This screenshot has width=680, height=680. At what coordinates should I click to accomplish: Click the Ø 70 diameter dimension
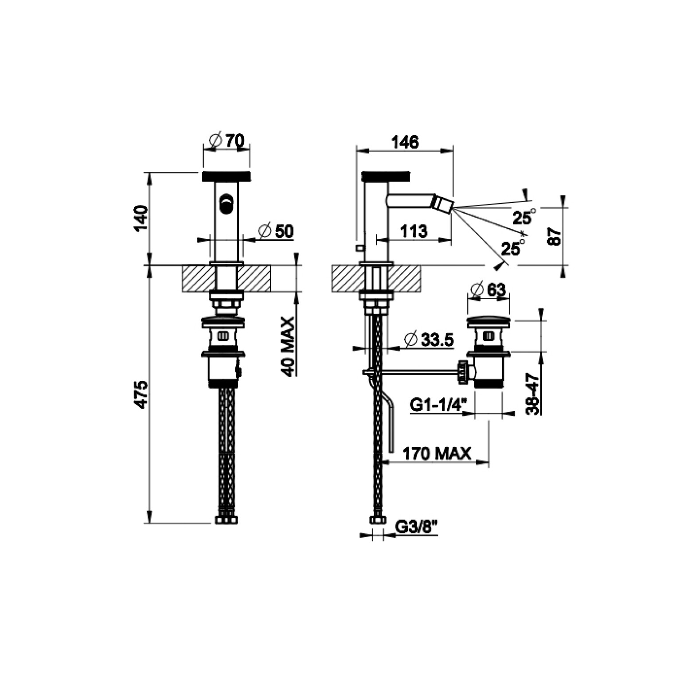[226, 141]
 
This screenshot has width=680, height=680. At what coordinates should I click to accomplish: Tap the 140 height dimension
[141, 218]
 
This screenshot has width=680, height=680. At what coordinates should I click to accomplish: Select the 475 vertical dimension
[141, 395]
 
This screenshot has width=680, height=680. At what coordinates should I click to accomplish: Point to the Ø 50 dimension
[276, 231]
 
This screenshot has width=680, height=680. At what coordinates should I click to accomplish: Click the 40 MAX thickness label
[288, 347]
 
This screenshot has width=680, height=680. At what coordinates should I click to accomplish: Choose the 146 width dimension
[405, 142]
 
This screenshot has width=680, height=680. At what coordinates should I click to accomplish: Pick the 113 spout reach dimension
[414, 231]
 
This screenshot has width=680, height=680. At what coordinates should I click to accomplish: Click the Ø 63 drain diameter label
[488, 290]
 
